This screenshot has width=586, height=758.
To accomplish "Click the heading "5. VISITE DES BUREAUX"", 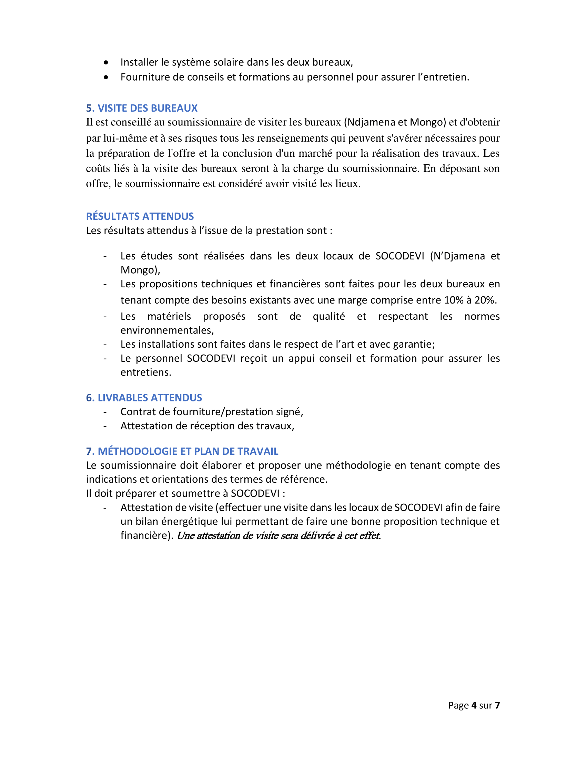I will click(142, 108).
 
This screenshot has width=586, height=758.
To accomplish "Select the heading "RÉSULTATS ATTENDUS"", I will click(140, 216).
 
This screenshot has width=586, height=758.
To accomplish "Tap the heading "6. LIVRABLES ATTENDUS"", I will click(144, 397).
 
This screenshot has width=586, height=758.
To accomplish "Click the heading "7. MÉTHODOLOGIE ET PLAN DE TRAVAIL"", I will click(182, 451).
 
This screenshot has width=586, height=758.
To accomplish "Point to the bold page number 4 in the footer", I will click(474, 705).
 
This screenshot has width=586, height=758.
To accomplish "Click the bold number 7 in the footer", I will click(497, 705).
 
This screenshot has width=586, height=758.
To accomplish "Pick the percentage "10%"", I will click(454, 300).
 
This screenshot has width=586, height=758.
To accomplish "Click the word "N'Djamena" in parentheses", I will click(457, 256).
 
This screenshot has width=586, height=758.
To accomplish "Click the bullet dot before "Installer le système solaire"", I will click(106, 62).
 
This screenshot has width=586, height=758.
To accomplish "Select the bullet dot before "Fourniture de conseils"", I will click(106, 77).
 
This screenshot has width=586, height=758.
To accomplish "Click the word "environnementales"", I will click(166, 330).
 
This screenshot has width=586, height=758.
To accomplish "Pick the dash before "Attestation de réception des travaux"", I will click(105, 426).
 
